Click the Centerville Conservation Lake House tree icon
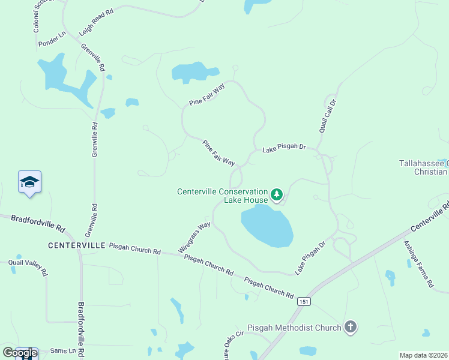(x=277, y=194)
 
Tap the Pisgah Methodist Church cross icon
(x=351, y=327)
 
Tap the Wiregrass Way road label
(x=194, y=237)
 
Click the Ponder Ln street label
(x=51, y=41)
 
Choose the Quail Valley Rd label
(x=28, y=267)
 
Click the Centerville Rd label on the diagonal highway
(x=430, y=217)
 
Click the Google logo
(x=20, y=352)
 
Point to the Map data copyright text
(x=424, y=355)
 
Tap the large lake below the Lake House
(x=267, y=226)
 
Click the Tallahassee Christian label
(x=424, y=167)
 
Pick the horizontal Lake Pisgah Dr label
(x=284, y=148)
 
